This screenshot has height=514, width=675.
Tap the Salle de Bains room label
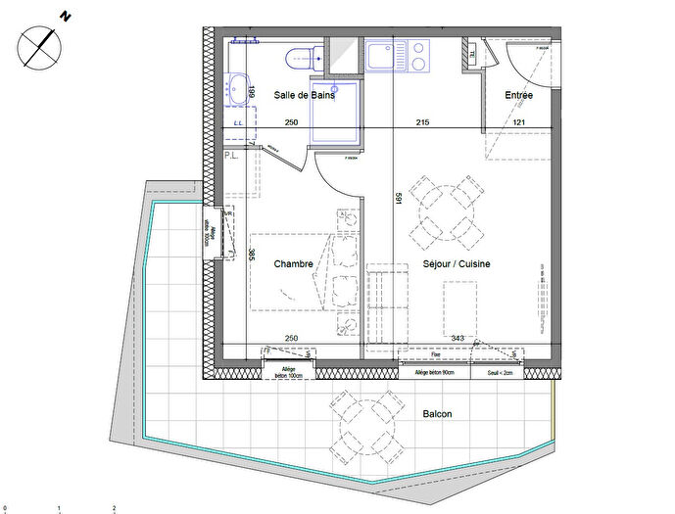coord(305,95)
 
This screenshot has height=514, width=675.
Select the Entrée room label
coord(518,95)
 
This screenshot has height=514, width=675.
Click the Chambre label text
coord(293,264)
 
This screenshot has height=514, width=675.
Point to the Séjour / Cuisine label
coord(456,264)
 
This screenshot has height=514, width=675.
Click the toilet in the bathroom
coord(298,58)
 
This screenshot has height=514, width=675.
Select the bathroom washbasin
coord(238,88)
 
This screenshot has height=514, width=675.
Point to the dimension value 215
coord(422,122)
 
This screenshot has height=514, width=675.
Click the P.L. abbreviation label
coord(232,156)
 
